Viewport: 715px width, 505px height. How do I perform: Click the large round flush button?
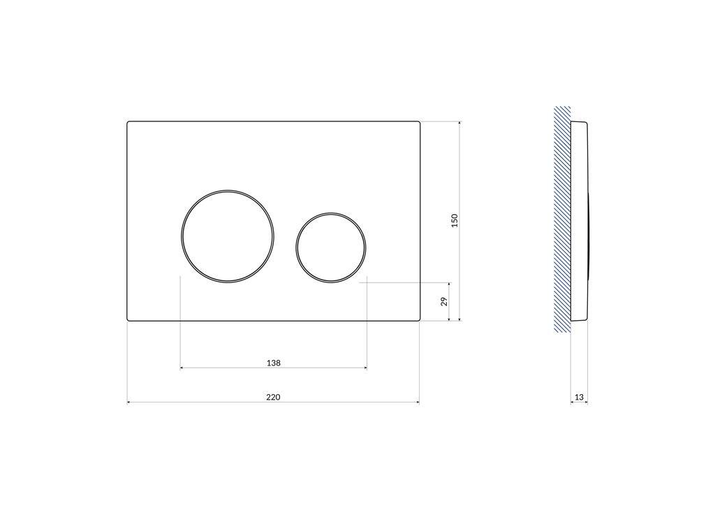tap(228, 236)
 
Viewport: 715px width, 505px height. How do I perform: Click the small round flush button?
tap(330, 247)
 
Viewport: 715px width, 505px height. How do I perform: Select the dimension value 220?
tap(273, 397)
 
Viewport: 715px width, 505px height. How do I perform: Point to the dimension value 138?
tap(274, 363)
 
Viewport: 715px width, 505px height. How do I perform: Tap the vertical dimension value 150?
tap(455, 221)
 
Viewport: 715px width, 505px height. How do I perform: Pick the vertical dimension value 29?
tap(444, 302)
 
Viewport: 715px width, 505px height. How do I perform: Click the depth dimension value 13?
tap(579, 397)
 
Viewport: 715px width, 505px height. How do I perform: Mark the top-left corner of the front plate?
tap(128, 123)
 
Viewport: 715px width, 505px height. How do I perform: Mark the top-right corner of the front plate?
tap(419, 123)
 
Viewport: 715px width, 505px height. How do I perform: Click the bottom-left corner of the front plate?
tap(128, 319)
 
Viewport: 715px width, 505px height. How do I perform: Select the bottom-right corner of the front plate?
tap(419, 319)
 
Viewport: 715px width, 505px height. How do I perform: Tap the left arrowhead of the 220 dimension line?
tap(129, 402)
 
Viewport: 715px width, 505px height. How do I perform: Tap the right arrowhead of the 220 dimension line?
tap(417, 402)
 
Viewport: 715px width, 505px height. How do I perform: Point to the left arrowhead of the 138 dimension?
tap(183, 368)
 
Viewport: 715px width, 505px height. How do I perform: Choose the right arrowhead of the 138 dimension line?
tap(364, 368)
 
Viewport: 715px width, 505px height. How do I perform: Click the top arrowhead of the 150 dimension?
tap(459, 124)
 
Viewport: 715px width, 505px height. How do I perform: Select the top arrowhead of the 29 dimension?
tap(449, 285)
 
